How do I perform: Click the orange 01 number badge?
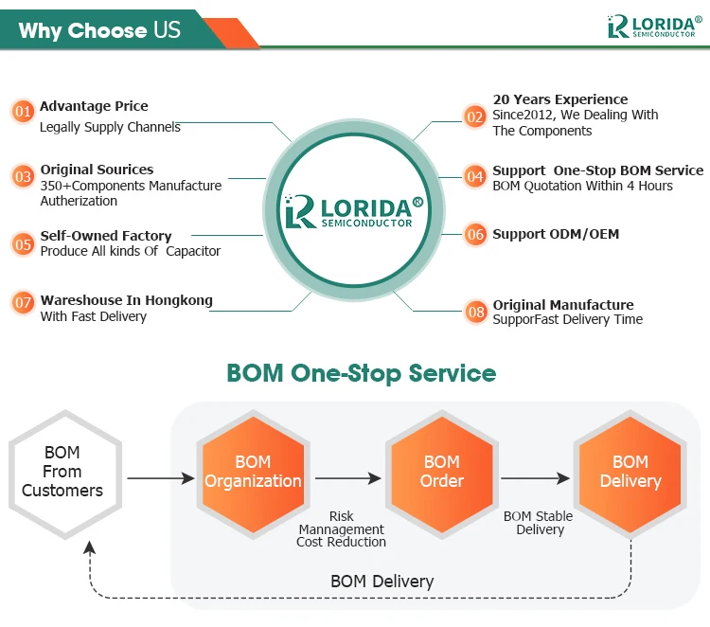[x=23, y=112]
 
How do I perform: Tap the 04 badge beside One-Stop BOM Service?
[x=475, y=176]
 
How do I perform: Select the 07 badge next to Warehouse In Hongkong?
[x=23, y=304]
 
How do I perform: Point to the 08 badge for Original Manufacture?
[x=475, y=311]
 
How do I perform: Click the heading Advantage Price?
[x=94, y=106]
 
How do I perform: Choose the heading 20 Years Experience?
[x=559, y=99]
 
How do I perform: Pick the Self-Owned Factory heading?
[x=106, y=236]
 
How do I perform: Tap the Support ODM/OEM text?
[x=556, y=234]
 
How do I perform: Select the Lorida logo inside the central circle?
[x=353, y=210]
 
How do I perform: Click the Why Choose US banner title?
[x=98, y=30]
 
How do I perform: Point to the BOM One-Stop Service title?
[x=361, y=372]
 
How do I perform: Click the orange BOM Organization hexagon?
[x=253, y=472]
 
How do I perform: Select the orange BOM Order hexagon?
[x=441, y=472]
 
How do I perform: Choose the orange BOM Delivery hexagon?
[x=630, y=472]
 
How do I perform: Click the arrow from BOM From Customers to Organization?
[x=159, y=478]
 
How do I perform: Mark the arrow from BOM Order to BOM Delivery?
[x=537, y=478]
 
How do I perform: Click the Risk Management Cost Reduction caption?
[x=342, y=529]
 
